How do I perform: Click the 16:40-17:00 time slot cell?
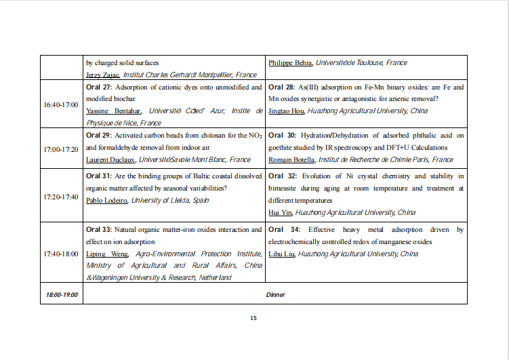[x=60, y=105]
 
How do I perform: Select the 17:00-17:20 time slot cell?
[x=60, y=148]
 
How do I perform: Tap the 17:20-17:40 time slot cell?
[x=60, y=197]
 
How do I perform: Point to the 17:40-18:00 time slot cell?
[x=60, y=254]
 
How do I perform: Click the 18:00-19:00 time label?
[x=61, y=295]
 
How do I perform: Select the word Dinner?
[x=275, y=295]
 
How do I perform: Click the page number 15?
[x=253, y=318]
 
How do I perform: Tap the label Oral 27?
[x=98, y=87]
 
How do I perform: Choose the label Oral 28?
[x=281, y=87]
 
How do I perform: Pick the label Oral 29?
[x=98, y=136]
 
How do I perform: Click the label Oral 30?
[x=282, y=136]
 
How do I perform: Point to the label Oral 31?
[x=98, y=176]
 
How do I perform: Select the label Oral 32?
[x=282, y=176]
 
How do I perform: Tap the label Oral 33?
[x=98, y=231]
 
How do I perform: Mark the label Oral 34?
[x=283, y=231]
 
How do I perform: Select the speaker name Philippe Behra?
[x=291, y=63]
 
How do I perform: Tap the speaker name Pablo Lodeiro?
[x=106, y=200]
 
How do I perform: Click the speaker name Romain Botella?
[x=292, y=159]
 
